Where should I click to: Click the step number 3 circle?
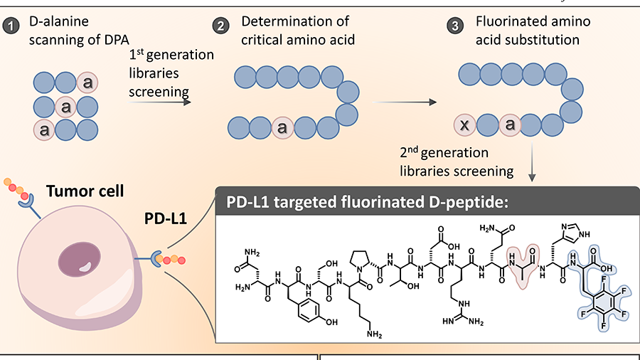[454, 27]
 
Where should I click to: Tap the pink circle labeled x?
[466, 127]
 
